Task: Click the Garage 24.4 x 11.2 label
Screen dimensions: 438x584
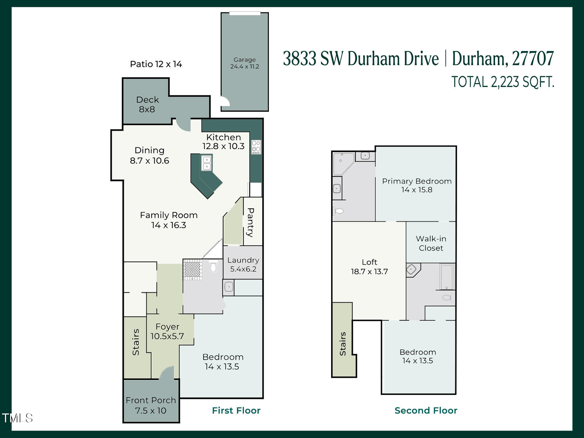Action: [245, 63]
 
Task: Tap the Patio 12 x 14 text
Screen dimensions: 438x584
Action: [156, 64]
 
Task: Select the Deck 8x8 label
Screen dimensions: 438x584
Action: [147, 104]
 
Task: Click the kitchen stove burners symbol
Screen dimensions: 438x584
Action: [256, 147]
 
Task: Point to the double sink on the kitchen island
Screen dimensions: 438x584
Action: [206, 163]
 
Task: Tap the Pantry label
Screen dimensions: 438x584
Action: [251, 222]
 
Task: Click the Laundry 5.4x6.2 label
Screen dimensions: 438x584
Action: [243, 264]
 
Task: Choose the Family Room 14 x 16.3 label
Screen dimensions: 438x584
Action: [169, 220]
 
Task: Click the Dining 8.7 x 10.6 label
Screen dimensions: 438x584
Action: [149, 155]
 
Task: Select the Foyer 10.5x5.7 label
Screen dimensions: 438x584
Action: [167, 331]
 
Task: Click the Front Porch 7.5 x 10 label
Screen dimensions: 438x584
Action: [151, 405]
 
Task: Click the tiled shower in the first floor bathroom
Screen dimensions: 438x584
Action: [192, 269]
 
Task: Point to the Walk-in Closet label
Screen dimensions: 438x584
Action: [431, 243]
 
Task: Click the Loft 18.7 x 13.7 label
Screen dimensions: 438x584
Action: [369, 267]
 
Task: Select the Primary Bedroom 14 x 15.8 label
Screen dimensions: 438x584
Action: [417, 185]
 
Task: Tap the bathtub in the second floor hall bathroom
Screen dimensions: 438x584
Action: [447, 277]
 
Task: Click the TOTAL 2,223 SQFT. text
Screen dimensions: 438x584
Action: [503, 82]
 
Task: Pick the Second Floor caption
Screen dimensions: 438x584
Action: [426, 410]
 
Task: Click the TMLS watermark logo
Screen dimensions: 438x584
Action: [17, 418]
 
